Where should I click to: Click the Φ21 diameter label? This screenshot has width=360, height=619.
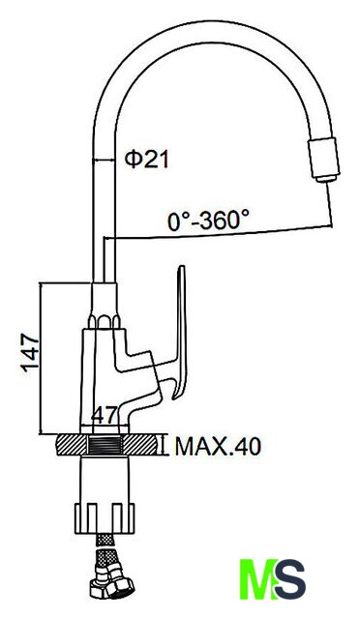click(x=146, y=160)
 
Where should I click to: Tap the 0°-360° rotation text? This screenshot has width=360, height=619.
click(x=208, y=221)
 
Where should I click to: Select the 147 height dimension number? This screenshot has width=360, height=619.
click(x=31, y=353)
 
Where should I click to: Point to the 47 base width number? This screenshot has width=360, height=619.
click(x=105, y=415)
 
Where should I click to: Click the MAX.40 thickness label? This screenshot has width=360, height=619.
click(x=218, y=446)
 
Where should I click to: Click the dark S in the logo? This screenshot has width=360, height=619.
click(x=290, y=578)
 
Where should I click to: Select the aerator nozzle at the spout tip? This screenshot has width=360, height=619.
click(x=324, y=160)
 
